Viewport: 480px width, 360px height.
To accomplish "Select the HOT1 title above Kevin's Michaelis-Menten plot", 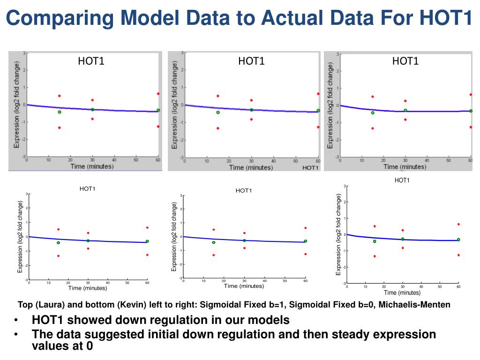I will pos(402,180).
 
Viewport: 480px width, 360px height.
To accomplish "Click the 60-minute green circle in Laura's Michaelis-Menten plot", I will pos(471,111).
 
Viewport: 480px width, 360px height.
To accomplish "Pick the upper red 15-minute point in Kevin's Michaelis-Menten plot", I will pos(375,226).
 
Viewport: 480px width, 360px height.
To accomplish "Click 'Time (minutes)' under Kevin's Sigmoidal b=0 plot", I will pos(244,286).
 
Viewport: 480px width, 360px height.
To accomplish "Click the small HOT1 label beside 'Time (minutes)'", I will pos(310,167).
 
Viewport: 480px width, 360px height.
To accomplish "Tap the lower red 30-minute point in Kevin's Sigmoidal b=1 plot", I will pos(88,248).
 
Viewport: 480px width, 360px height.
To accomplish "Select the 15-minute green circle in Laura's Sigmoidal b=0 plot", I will pos(217,112).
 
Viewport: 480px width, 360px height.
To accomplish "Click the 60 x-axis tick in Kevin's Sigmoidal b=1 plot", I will pos(147,283).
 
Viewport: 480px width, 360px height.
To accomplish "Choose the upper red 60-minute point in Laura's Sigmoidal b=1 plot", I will pos(158,94).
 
